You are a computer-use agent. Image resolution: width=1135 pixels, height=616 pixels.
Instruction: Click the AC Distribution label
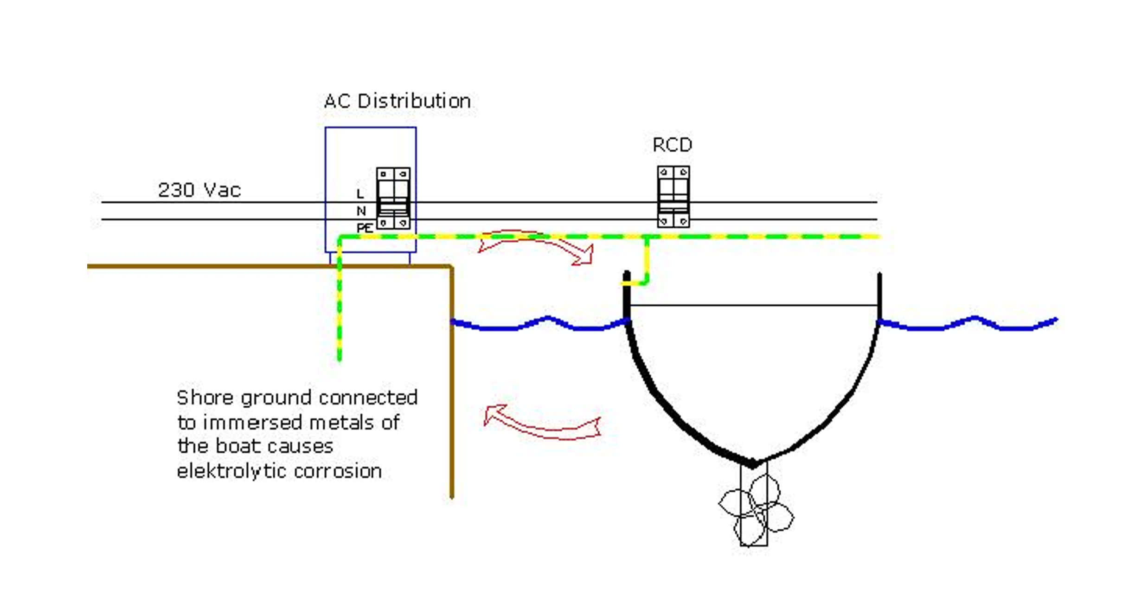click(x=398, y=101)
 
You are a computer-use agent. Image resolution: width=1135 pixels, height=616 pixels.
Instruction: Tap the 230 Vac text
click(x=199, y=190)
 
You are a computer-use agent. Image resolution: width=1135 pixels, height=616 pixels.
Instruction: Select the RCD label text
click(x=672, y=145)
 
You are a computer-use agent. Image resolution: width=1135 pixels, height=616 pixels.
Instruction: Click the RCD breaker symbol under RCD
click(x=673, y=197)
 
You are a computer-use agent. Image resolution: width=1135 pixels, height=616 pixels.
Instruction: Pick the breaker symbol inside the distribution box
click(x=393, y=199)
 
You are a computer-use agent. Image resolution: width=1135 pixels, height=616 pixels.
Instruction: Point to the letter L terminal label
click(x=360, y=193)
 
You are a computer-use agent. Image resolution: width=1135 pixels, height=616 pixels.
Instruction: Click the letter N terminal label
click(x=361, y=211)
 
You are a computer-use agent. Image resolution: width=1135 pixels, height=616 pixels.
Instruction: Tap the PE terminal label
click(x=365, y=228)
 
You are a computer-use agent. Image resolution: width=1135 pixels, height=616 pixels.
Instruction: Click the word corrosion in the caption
click(x=338, y=471)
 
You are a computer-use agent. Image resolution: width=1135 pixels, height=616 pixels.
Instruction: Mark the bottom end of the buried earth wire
click(x=340, y=359)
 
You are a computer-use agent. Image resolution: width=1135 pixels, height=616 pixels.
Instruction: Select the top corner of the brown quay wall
click(x=451, y=266)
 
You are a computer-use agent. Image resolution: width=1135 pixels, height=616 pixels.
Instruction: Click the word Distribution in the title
click(x=414, y=101)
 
